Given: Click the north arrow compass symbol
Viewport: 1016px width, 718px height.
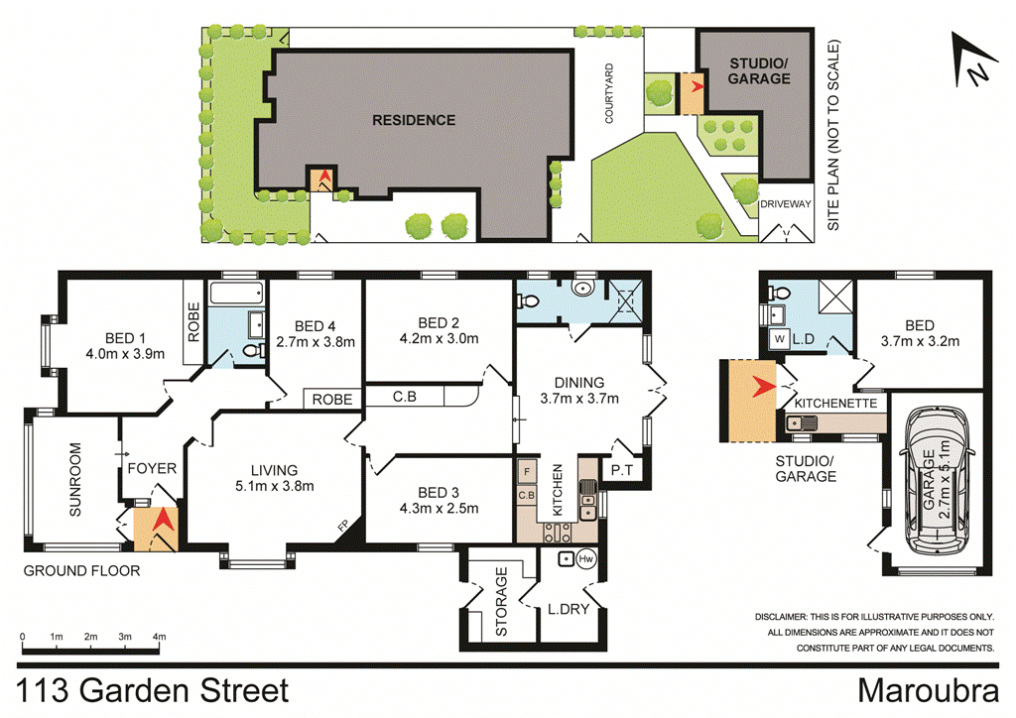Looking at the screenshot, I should coord(971,61).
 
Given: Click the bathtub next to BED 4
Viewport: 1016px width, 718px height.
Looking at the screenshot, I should coord(237,294).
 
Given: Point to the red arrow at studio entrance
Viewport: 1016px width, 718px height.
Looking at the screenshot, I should coord(761,386).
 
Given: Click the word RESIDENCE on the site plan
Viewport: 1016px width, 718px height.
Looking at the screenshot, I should coord(414,120).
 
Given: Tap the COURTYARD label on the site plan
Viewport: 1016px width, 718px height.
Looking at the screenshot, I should coord(612,94).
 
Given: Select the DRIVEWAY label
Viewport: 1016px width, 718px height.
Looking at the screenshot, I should coord(786,204).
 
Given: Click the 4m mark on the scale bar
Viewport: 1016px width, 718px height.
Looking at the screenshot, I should coord(159,636).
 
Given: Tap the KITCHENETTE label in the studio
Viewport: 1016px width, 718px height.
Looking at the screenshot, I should coord(835,405).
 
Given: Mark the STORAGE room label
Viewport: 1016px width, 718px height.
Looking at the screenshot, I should coord(502,601).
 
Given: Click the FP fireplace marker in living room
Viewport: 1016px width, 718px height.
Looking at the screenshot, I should coord(342,526).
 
